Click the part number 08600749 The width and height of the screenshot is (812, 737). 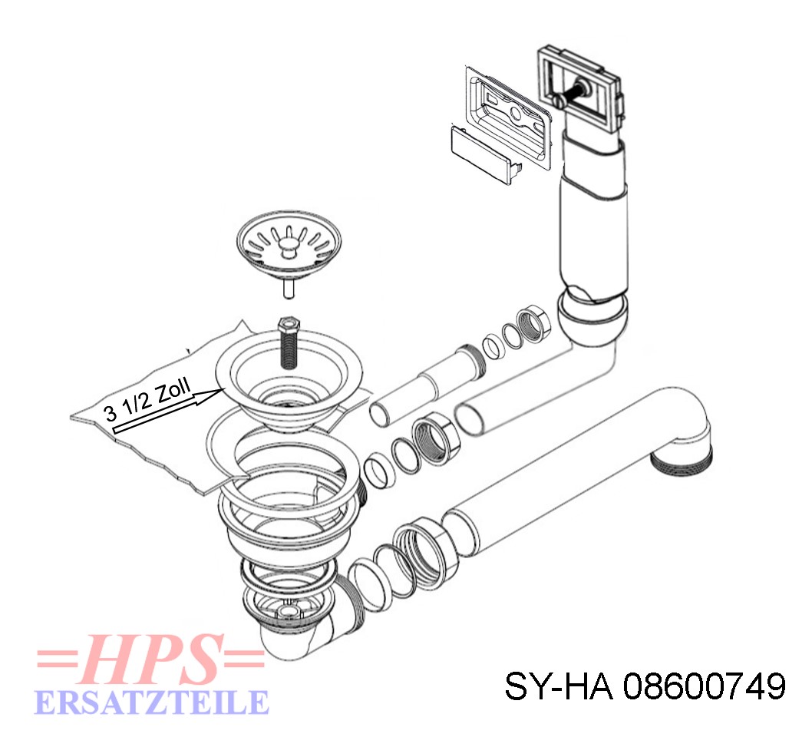[x=705, y=687]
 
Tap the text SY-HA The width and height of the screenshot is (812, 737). [x=559, y=688]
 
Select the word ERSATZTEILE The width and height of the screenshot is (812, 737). [x=152, y=702]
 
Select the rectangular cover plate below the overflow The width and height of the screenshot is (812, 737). [x=485, y=155]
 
